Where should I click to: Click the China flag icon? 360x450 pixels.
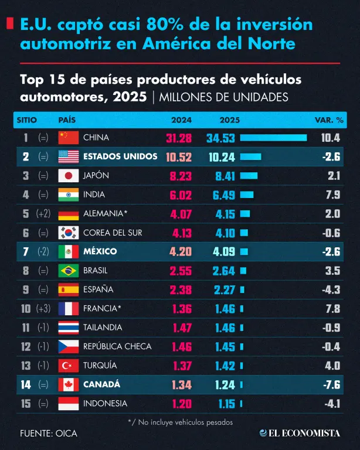[69, 138]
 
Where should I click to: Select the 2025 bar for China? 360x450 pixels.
[273, 138]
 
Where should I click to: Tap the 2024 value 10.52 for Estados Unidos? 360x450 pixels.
[179, 157]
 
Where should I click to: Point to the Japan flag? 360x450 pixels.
[69, 176]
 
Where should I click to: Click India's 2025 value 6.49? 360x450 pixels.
[223, 195]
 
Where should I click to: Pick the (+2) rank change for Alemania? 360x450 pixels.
[43, 213]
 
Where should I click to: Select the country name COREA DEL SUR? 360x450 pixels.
[113, 233]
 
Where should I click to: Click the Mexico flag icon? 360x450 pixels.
[69, 252]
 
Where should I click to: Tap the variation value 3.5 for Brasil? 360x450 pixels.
[332, 271]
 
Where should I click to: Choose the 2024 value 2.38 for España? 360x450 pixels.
[181, 290]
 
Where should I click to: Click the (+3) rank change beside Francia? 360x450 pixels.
[43, 309]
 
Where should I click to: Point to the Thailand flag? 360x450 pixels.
[69, 328]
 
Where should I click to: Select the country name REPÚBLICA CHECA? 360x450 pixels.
[117, 346]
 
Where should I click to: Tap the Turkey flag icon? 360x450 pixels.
[69, 366]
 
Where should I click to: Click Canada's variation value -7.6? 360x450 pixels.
[332, 384]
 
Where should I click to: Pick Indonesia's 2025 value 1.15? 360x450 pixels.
[226, 404]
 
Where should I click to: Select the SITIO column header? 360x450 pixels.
[27, 120]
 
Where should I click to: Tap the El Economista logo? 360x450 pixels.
[300, 433]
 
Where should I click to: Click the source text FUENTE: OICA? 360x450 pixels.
[49, 434]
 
